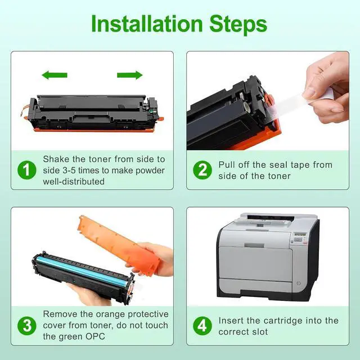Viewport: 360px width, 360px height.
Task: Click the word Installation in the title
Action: tap(147, 24)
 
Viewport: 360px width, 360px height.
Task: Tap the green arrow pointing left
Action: tap(55, 75)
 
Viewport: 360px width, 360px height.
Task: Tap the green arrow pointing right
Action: tap(130, 75)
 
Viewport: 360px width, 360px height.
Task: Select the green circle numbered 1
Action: tap(27, 170)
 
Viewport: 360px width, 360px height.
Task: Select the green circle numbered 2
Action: tap(202, 170)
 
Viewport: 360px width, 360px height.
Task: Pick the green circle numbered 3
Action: tap(27, 326)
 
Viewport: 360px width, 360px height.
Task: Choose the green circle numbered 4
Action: tap(202, 326)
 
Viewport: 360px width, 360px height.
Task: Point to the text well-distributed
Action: tap(74, 182)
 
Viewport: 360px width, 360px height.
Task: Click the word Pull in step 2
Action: tap(226, 165)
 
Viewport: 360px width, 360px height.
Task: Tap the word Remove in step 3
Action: tap(60, 314)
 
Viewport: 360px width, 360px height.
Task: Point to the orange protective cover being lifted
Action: tap(119, 244)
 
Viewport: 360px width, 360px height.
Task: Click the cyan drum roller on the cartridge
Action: tap(83, 271)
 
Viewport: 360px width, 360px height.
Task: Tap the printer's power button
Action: tap(299, 283)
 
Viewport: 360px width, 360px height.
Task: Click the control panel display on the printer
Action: tap(300, 235)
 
